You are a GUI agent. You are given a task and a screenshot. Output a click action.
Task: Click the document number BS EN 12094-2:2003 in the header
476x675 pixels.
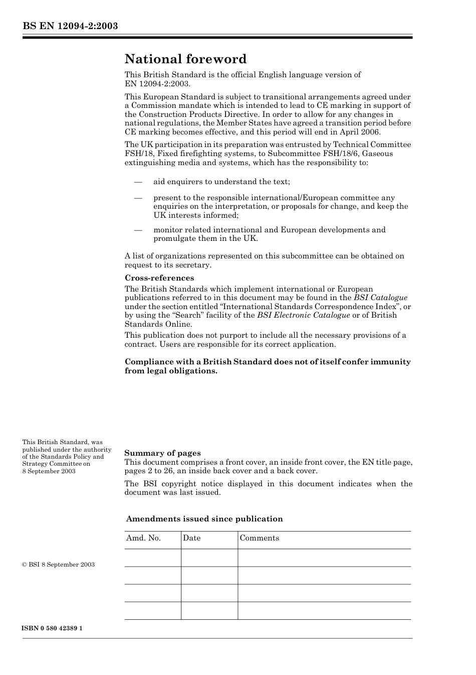click(70, 26)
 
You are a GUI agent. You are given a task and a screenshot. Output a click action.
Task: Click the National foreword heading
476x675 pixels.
click(185, 59)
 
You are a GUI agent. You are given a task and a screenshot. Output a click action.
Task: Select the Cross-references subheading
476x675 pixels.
click(159, 278)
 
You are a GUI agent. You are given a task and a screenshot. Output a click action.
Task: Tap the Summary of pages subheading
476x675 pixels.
click(162, 453)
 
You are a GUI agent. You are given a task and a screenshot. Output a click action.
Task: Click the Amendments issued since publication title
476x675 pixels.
click(204, 519)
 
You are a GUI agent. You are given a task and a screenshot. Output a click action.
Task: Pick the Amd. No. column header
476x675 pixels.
click(143, 538)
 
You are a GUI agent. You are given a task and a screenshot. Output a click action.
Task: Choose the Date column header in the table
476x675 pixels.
click(191, 538)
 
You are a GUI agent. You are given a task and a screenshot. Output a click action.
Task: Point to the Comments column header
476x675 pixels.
click(259, 538)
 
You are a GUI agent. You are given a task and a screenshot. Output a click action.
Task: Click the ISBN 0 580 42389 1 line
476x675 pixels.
click(52, 629)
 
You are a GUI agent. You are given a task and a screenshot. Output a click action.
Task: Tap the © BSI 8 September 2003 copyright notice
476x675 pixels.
click(58, 565)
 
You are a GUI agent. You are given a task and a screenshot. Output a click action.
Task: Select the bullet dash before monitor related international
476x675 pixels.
click(138, 230)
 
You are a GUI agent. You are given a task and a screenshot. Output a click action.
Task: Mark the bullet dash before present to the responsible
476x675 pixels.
click(138, 198)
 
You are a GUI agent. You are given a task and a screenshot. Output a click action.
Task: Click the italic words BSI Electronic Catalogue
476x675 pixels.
click(303, 315)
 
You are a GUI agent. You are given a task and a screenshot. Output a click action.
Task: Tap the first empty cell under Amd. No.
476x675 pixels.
click(152, 558)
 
